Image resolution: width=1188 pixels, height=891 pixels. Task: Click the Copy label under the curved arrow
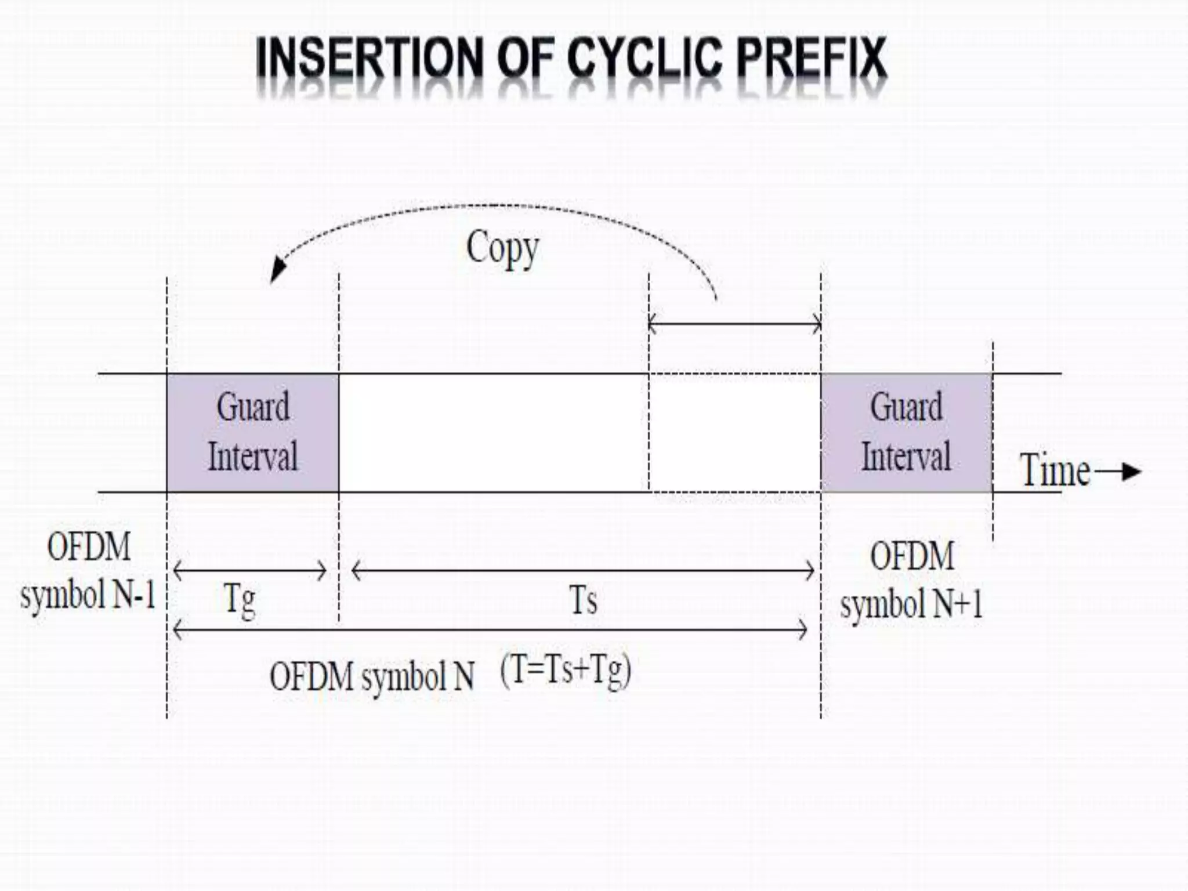click(x=502, y=248)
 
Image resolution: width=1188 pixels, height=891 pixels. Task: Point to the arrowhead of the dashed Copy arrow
click(x=276, y=273)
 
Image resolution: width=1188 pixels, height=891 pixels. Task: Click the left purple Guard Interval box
click(x=253, y=432)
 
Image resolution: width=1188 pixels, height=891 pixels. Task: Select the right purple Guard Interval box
click(x=906, y=432)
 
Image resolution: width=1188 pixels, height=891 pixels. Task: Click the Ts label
click(x=583, y=600)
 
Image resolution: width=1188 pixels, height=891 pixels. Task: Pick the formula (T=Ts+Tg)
click(x=566, y=672)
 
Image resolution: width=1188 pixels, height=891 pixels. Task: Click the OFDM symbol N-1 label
click(x=88, y=571)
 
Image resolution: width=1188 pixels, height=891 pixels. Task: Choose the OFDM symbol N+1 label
click(x=911, y=580)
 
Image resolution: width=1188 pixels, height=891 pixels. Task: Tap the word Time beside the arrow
click(x=1055, y=470)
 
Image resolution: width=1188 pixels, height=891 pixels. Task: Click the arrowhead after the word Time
click(x=1131, y=472)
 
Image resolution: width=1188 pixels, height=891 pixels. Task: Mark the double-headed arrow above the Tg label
click(x=250, y=571)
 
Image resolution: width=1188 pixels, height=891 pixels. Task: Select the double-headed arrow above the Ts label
click(x=583, y=571)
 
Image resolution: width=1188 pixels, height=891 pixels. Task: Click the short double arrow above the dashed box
click(x=734, y=324)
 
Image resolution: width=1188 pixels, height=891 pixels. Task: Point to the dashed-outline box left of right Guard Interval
click(x=734, y=433)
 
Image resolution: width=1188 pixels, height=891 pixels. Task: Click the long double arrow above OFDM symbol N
click(x=490, y=629)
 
